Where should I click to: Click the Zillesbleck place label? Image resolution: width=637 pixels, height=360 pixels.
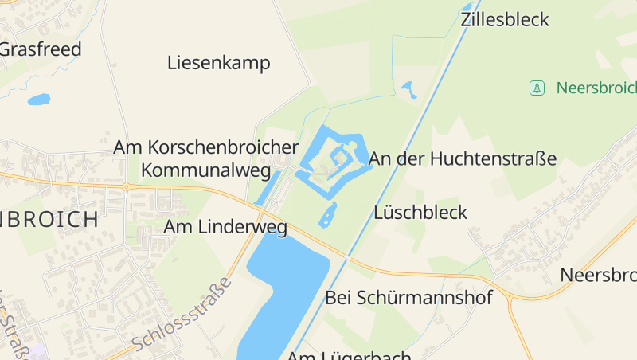505,20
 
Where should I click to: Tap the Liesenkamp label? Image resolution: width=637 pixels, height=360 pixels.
219,63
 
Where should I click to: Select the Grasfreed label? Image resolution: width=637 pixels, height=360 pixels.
40,49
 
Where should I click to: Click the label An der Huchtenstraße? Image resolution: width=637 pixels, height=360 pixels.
463,158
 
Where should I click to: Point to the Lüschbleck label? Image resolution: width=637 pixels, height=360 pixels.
420,213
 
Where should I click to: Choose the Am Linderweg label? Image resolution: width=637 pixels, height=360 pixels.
225,227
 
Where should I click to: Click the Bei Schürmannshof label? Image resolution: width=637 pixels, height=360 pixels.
408,298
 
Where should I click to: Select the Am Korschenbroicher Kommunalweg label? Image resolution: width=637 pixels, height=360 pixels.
205,158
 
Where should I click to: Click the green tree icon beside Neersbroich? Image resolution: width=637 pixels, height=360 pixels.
537,88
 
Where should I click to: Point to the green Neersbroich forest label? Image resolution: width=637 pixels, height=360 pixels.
596,88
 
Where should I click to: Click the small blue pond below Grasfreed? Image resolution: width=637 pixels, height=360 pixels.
38,100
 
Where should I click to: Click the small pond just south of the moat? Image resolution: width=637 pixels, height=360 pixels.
327,214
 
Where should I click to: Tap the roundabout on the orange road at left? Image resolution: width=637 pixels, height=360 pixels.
125,187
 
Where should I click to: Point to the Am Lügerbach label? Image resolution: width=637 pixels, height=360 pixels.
350,355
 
